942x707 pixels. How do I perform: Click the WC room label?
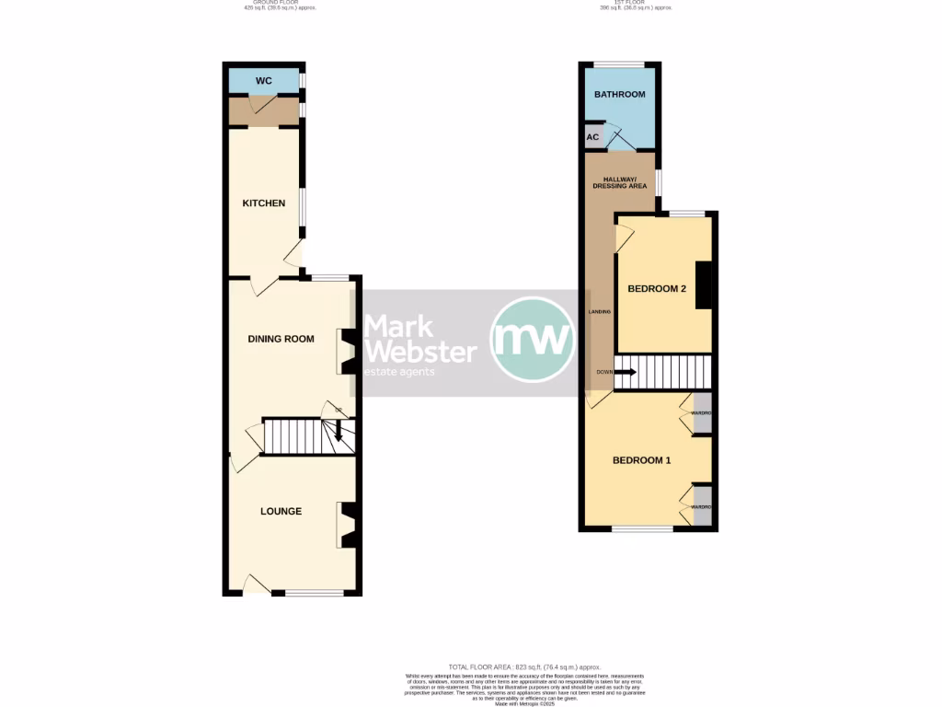[x=264, y=81]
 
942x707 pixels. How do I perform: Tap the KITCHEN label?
[x=264, y=203]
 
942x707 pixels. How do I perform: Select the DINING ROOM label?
[x=281, y=339]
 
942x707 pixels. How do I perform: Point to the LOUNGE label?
[x=281, y=511]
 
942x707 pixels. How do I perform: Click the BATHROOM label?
[x=619, y=94]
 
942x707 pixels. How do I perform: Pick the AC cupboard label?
[x=592, y=137]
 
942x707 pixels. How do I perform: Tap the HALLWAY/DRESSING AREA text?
[x=620, y=182]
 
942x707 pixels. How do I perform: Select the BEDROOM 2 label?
[x=657, y=289]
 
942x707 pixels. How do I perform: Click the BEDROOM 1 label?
[x=642, y=460]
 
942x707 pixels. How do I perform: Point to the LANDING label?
[x=599, y=312]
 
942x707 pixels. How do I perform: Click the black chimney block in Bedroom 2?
[x=704, y=285]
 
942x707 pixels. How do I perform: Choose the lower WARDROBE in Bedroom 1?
[x=703, y=506]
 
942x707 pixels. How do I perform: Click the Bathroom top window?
[x=619, y=64]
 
